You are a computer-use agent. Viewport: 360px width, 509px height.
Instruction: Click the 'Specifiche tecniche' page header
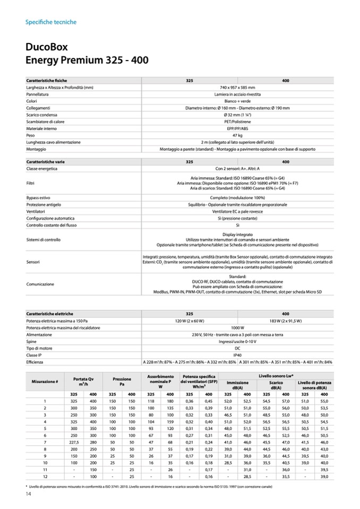click(x=51, y=22)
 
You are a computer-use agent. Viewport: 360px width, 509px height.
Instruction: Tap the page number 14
click(x=29, y=495)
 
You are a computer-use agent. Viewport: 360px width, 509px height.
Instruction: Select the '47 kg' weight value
click(x=237, y=135)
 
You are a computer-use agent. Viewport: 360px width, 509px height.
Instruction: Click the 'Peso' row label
click(x=31, y=135)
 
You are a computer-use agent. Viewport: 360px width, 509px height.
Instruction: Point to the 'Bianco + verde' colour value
click(x=237, y=101)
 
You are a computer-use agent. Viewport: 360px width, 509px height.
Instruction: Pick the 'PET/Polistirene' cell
click(x=237, y=122)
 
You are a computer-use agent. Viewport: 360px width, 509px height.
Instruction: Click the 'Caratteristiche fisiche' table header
click(x=47, y=80)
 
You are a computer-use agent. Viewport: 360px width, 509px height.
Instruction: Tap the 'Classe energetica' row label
click(x=42, y=168)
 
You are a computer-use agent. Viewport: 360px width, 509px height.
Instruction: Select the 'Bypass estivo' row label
click(x=38, y=197)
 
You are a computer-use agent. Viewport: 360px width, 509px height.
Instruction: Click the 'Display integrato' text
click(x=237, y=234)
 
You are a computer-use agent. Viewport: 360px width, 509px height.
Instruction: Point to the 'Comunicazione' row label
click(x=40, y=284)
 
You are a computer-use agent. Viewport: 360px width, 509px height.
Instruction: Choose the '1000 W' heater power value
click(x=237, y=327)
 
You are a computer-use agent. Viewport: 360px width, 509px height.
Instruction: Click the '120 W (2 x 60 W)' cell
click(x=190, y=321)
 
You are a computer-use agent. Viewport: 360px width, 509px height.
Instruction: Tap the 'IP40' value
click(x=237, y=355)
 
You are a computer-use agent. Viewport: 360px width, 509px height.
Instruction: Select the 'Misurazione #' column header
click(x=45, y=382)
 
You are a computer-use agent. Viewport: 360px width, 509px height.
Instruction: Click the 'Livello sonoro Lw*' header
click(x=277, y=376)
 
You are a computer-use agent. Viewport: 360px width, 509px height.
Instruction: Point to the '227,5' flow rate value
click(x=74, y=442)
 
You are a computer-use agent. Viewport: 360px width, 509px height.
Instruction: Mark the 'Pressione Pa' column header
click(x=122, y=382)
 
